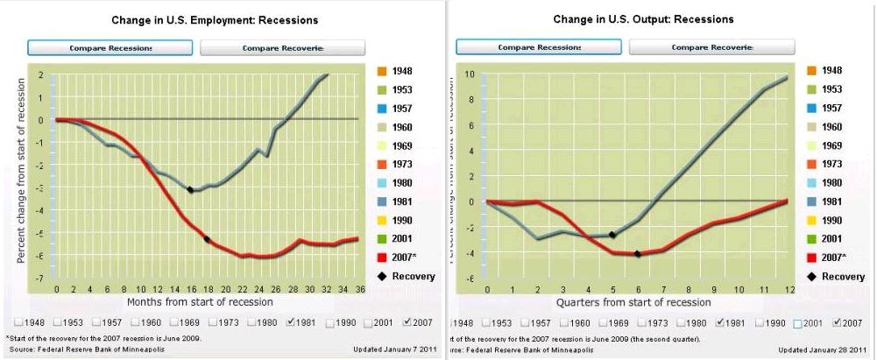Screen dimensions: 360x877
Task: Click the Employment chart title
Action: (215, 19)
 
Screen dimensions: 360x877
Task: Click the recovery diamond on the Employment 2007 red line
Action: (207, 239)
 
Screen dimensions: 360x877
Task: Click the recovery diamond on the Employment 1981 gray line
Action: (190, 189)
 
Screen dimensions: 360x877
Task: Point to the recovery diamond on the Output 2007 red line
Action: (637, 254)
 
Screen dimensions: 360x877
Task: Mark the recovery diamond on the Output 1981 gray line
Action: (612, 235)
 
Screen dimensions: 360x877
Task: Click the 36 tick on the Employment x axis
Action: (356, 290)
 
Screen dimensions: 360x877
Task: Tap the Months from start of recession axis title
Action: (201, 302)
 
